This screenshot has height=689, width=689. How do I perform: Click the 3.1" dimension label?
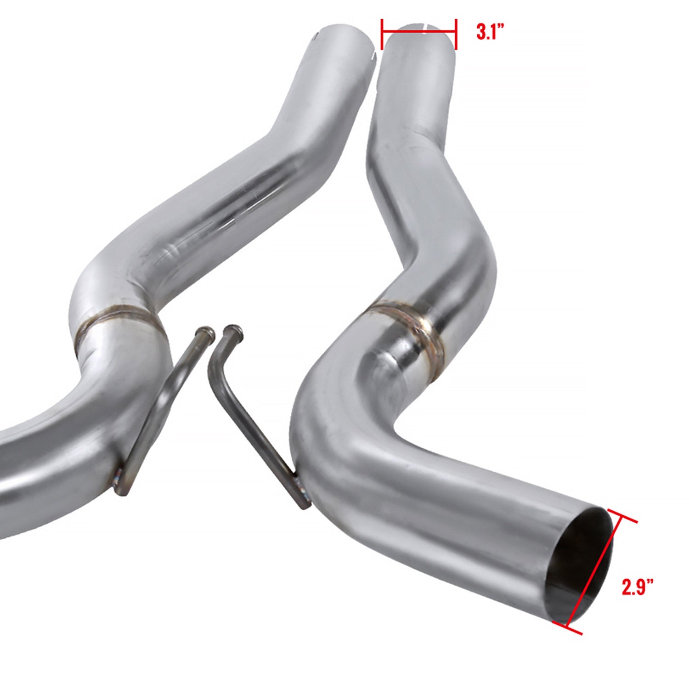coord(490,33)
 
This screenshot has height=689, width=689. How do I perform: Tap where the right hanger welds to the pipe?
coord(301,491)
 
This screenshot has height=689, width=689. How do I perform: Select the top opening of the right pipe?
coord(419,28)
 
